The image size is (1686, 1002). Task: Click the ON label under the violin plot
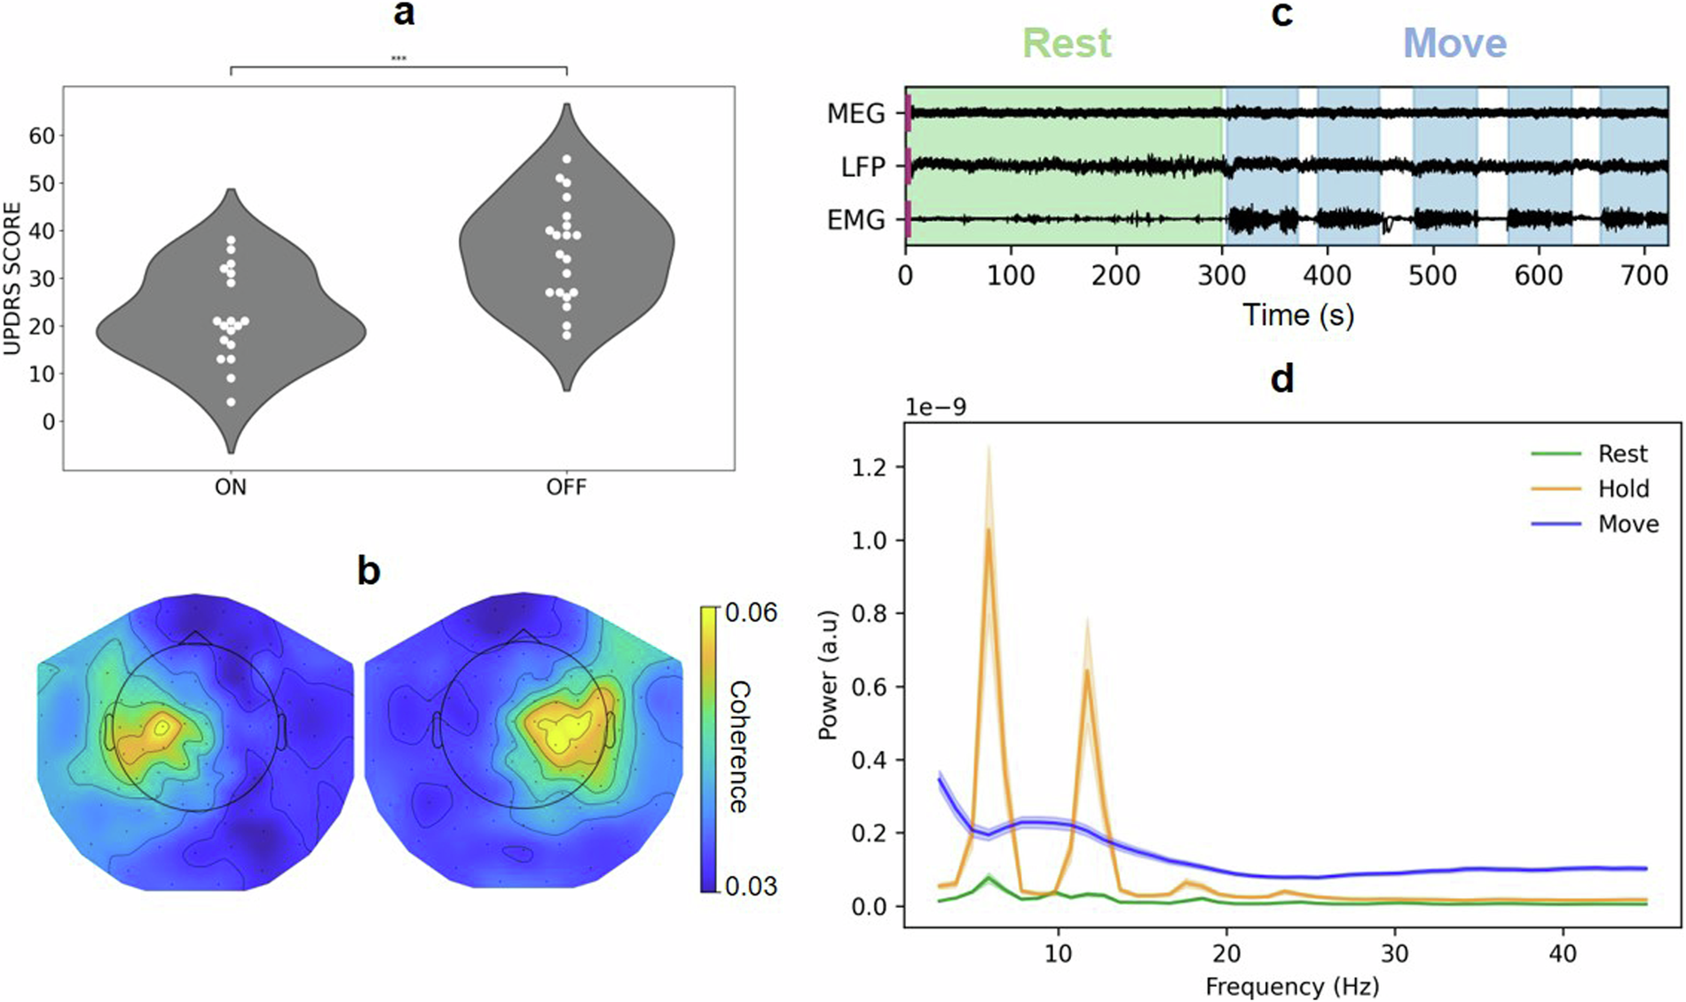[231, 487]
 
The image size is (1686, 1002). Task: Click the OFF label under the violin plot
[566, 487]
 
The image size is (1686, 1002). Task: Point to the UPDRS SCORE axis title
[12, 279]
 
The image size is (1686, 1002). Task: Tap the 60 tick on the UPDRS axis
[42, 136]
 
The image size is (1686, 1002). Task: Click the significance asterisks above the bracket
[398, 59]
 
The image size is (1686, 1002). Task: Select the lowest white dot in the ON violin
[231, 402]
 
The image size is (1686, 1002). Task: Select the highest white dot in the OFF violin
[567, 160]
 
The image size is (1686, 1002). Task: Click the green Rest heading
[1067, 43]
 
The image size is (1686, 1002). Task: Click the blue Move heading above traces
[1454, 43]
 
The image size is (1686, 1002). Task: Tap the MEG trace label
[855, 114]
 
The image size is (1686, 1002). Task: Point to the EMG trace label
[855, 219]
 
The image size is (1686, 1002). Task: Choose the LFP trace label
[863, 166]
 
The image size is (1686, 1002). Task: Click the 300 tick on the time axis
[1222, 275]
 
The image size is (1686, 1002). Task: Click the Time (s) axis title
[1297, 315]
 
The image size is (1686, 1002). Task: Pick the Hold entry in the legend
[1623, 489]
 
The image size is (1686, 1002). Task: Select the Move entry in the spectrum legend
[1627, 524]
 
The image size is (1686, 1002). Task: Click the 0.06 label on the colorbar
[751, 612]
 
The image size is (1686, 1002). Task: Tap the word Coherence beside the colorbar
[738, 747]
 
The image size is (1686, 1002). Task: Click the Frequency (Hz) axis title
[1292, 986]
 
